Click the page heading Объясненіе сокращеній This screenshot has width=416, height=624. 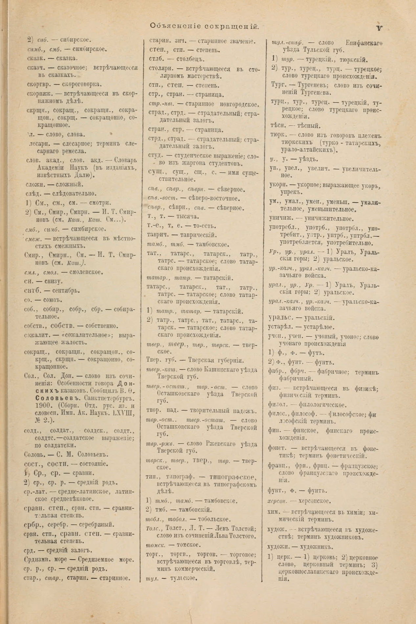coord(205,26)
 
